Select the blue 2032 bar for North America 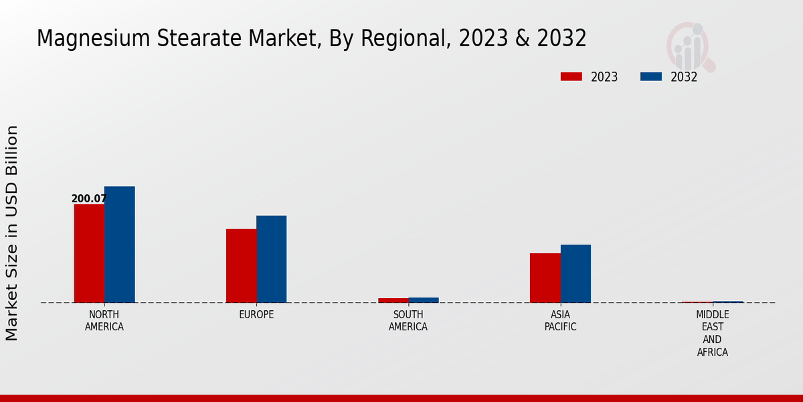[120, 245]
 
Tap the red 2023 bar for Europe [241, 266]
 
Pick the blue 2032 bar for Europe [272, 259]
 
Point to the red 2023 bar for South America [393, 300]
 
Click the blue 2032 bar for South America [424, 300]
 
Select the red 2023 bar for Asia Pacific [545, 278]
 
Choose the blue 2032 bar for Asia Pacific [575, 273]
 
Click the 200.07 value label [89, 199]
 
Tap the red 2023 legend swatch [571, 77]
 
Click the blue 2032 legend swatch [651, 77]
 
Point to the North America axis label [104, 321]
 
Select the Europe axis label [256, 315]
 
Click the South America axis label [408, 321]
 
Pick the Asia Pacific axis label [560, 321]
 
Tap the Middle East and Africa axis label [713, 333]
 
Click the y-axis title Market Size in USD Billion [12, 232]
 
